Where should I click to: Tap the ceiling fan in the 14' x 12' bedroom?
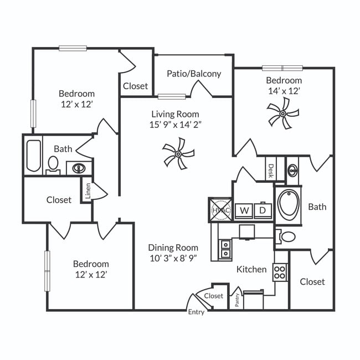point(282,114)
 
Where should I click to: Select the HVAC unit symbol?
point(220,210)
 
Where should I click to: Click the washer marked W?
point(243,210)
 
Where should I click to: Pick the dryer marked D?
point(263,210)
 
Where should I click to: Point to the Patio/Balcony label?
point(194,73)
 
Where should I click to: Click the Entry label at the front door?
point(196,312)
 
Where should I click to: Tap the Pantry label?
point(236,300)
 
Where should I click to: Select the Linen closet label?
point(88,190)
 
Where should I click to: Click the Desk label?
point(271,169)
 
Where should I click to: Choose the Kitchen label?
point(251,269)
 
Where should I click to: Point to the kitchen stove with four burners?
point(280,271)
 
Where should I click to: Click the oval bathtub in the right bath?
point(289,205)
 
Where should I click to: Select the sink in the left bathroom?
point(78,167)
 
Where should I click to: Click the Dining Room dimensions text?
point(173,258)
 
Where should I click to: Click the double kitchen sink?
point(225,248)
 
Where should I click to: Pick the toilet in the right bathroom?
point(287,236)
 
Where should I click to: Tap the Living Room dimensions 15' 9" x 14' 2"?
point(176,124)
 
